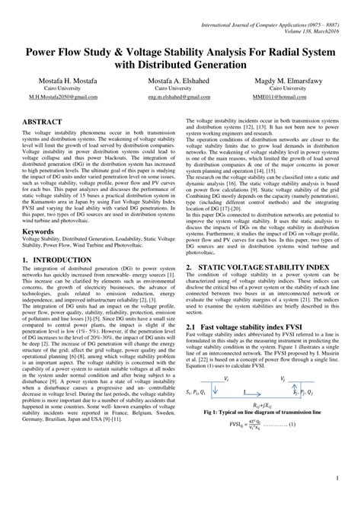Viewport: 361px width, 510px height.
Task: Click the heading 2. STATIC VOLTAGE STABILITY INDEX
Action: pyautogui.click(x=263, y=269)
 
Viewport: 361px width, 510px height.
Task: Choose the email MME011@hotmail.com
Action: pyautogui.click(x=294, y=98)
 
